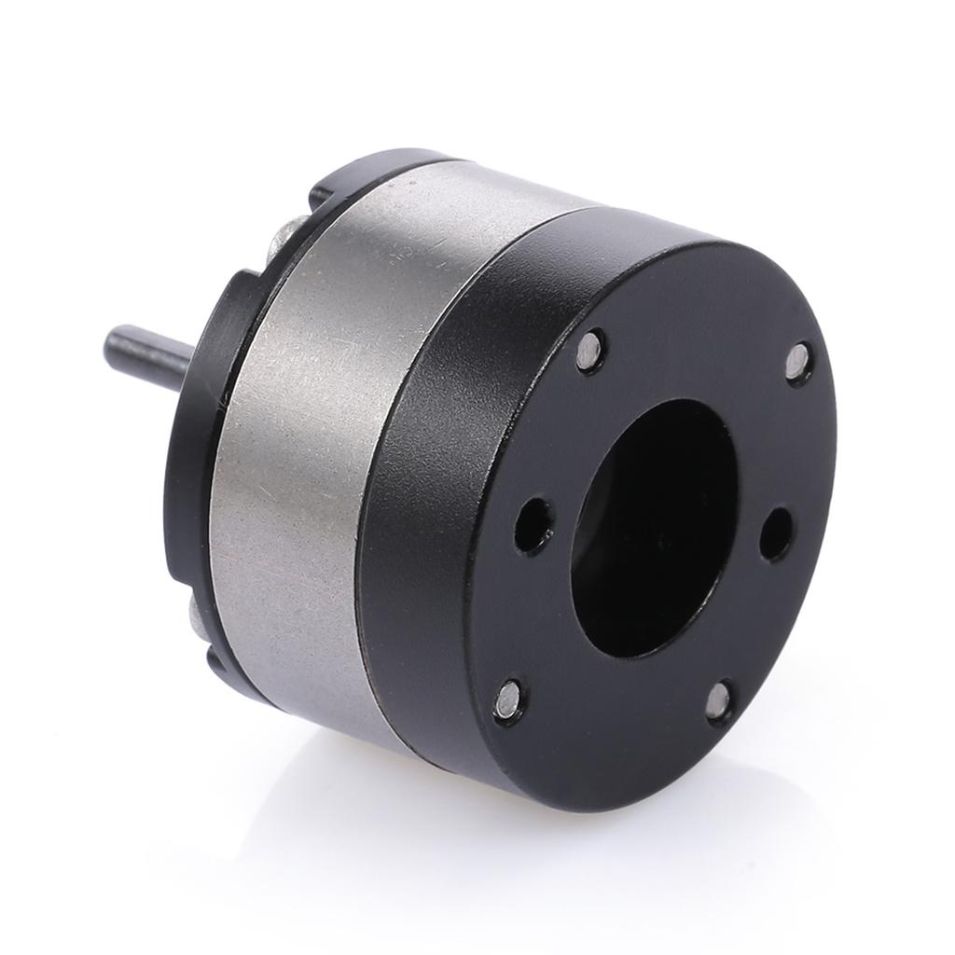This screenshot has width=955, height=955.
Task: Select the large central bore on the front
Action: (x=653, y=527)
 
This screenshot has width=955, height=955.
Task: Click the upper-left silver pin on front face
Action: (x=589, y=351)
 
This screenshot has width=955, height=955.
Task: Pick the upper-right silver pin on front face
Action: (x=797, y=362)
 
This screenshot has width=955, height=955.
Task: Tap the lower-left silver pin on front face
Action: (x=509, y=699)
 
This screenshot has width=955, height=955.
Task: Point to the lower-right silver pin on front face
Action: (x=718, y=701)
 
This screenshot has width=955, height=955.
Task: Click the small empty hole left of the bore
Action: (x=533, y=525)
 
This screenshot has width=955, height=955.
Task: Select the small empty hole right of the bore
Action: (x=775, y=533)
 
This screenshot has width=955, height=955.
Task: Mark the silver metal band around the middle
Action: (x=308, y=448)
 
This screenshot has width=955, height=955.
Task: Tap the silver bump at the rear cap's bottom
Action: (x=194, y=611)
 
